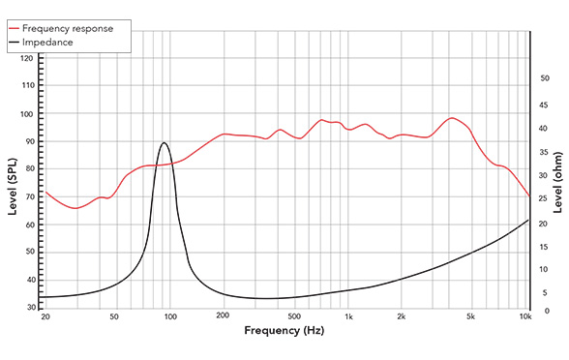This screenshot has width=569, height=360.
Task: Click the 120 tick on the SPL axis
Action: (x=27, y=59)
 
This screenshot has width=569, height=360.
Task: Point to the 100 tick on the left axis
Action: (x=27, y=114)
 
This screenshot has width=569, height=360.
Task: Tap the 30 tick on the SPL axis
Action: (x=29, y=308)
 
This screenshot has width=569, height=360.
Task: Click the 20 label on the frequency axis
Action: (x=45, y=317)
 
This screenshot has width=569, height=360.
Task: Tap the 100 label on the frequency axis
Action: (x=169, y=317)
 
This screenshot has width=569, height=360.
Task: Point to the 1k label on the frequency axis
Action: (x=349, y=317)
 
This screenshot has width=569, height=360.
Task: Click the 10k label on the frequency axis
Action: (x=525, y=317)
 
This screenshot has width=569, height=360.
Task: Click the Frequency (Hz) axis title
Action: (x=284, y=332)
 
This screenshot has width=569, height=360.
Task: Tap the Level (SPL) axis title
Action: (x=12, y=186)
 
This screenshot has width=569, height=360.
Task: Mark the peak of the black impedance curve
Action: (x=164, y=143)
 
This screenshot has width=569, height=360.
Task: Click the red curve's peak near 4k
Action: (x=452, y=118)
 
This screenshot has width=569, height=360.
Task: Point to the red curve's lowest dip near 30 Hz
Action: (x=75, y=208)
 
